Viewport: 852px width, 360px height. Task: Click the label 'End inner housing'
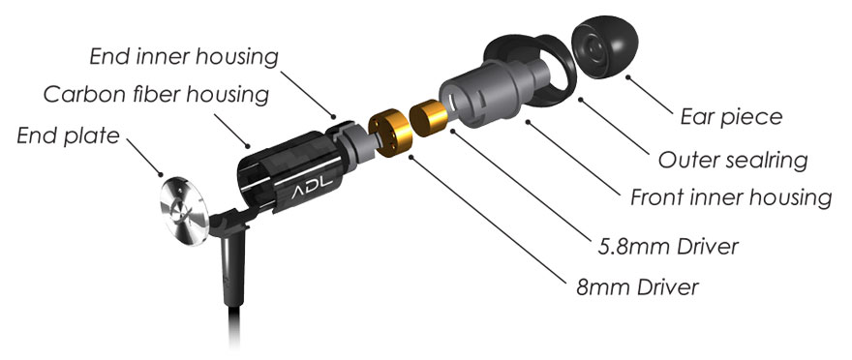click(184, 56)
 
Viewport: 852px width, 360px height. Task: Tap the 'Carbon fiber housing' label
click(156, 94)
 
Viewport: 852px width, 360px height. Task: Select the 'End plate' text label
click(68, 135)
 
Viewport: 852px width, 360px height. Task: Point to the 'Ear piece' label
click(731, 117)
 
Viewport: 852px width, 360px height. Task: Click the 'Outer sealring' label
click(733, 161)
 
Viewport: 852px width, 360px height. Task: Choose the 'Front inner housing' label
click(731, 197)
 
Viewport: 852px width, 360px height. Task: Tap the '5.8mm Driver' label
click(668, 247)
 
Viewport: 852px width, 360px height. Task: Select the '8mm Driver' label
click(637, 286)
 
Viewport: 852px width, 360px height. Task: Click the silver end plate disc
click(184, 210)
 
